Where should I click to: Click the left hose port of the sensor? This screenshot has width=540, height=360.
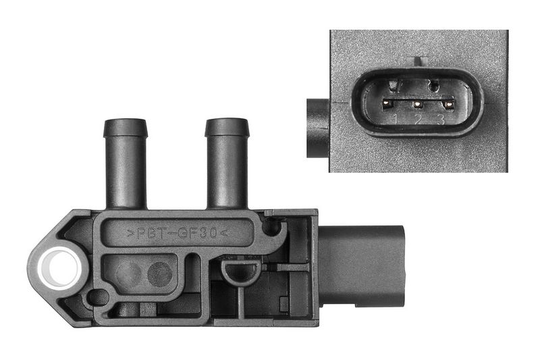(x=126, y=163)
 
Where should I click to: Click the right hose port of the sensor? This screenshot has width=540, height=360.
(x=227, y=163)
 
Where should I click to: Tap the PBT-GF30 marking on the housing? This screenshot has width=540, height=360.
(x=178, y=233)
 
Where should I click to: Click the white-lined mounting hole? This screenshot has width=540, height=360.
(x=59, y=269)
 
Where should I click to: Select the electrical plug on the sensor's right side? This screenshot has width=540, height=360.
(x=361, y=266)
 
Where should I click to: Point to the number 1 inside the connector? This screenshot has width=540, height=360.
(x=396, y=119)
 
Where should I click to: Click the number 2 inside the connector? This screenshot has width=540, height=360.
(x=418, y=120)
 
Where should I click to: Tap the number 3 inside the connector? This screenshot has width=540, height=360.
(x=441, y=120)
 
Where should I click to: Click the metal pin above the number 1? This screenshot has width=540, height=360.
(x=387, y=103)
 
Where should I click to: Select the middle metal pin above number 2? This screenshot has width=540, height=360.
(x=418, y=104)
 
